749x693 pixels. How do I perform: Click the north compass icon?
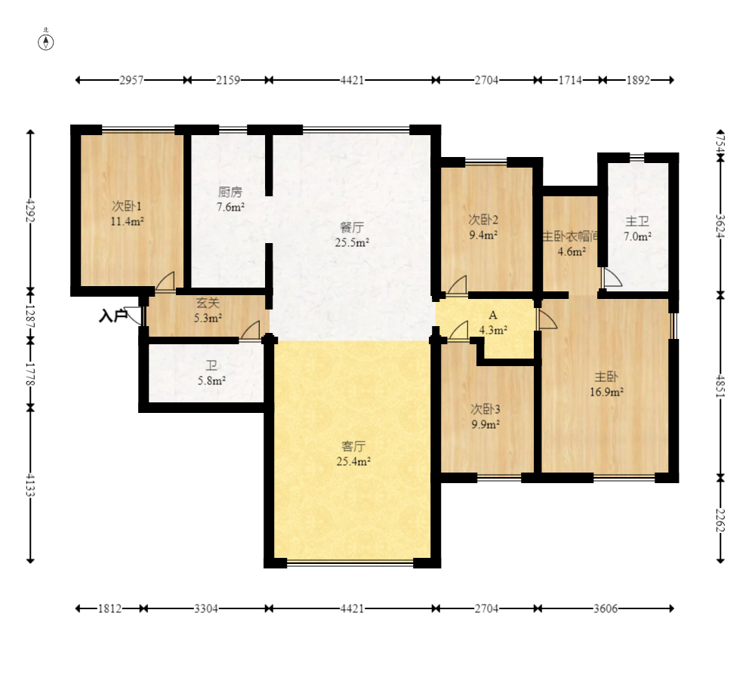pyautogui.click(x=46, y=42)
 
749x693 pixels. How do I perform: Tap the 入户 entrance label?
pyautogui.click(x=113, y=316)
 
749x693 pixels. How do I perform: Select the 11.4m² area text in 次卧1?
pyautogui.click(x=128, y=221)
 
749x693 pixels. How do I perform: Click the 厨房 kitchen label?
pyautogui.click(x=230, y=192)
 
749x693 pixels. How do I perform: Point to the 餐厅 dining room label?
pyautogui.click(x=352, y=226)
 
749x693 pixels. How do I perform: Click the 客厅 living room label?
pyautogui.click(x=353, y=446)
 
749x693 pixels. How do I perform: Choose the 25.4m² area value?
pyautogui.click(x=353, y=461)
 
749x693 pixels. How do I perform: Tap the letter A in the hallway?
pyautogui.click(x=493, y=316)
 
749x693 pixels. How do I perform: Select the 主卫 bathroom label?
pyautogui.click(x=637, y=221)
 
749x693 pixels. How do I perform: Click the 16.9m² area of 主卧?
pyautogui.click(x=606, y=392)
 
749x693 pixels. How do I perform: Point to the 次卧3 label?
pyautogui.click(x=485, y=409)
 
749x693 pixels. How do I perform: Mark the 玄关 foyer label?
pyautogui.click(x=208, y=303)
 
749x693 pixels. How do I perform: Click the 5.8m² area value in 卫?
pyautogui.click(x=211, y=380)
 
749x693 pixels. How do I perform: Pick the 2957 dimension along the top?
pyautogui.click(x=131, y=80)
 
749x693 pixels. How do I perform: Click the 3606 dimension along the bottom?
pyautogui.click(x=606, y=608)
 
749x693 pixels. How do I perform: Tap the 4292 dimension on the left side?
pyautogui.click(x=30, y=210)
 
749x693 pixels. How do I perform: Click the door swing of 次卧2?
pyautogui.click(x=457, y=285)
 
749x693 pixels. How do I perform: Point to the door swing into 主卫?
pyautogui.click(x=612, y=278)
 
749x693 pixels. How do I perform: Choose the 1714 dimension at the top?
pyautogui.click(x=570, y=80)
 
